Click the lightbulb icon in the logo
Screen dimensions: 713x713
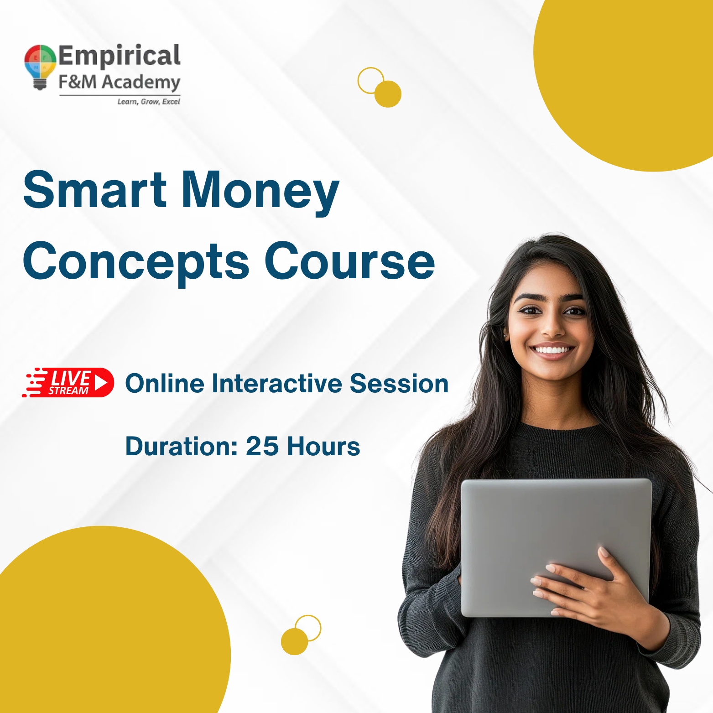click(40, 66)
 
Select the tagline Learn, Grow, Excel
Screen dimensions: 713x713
click(148, 101)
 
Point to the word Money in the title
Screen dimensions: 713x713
click(260, 191)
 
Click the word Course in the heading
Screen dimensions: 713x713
click(349, 261)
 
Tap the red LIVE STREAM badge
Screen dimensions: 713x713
click(68, 382)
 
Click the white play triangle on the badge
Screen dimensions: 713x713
click(101, 382)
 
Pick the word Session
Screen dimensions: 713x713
click(399, 383)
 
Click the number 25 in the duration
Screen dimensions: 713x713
click(262, 446)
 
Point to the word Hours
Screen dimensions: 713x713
click(323, 446)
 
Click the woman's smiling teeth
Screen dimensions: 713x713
click(553, 350)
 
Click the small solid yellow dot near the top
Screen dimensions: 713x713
click(388, 94)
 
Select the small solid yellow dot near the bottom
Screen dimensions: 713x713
click(294, 641)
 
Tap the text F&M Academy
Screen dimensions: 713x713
click(120, 83)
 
